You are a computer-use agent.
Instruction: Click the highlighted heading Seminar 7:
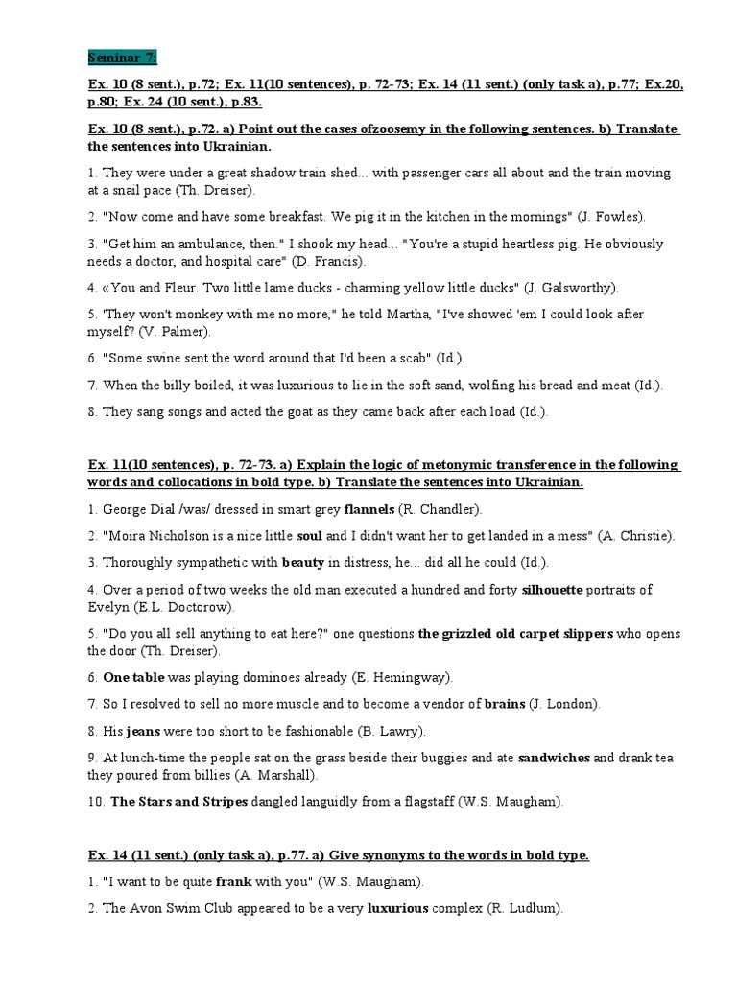coord(123,57)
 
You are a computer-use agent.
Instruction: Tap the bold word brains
coord(505,704)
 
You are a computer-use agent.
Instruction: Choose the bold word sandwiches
coord(554,758)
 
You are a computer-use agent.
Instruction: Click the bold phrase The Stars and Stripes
coord(179,802)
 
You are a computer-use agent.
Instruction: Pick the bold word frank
coord(235,881)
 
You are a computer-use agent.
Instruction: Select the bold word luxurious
coord(398,908)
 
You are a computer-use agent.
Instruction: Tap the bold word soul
coord(308,536)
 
